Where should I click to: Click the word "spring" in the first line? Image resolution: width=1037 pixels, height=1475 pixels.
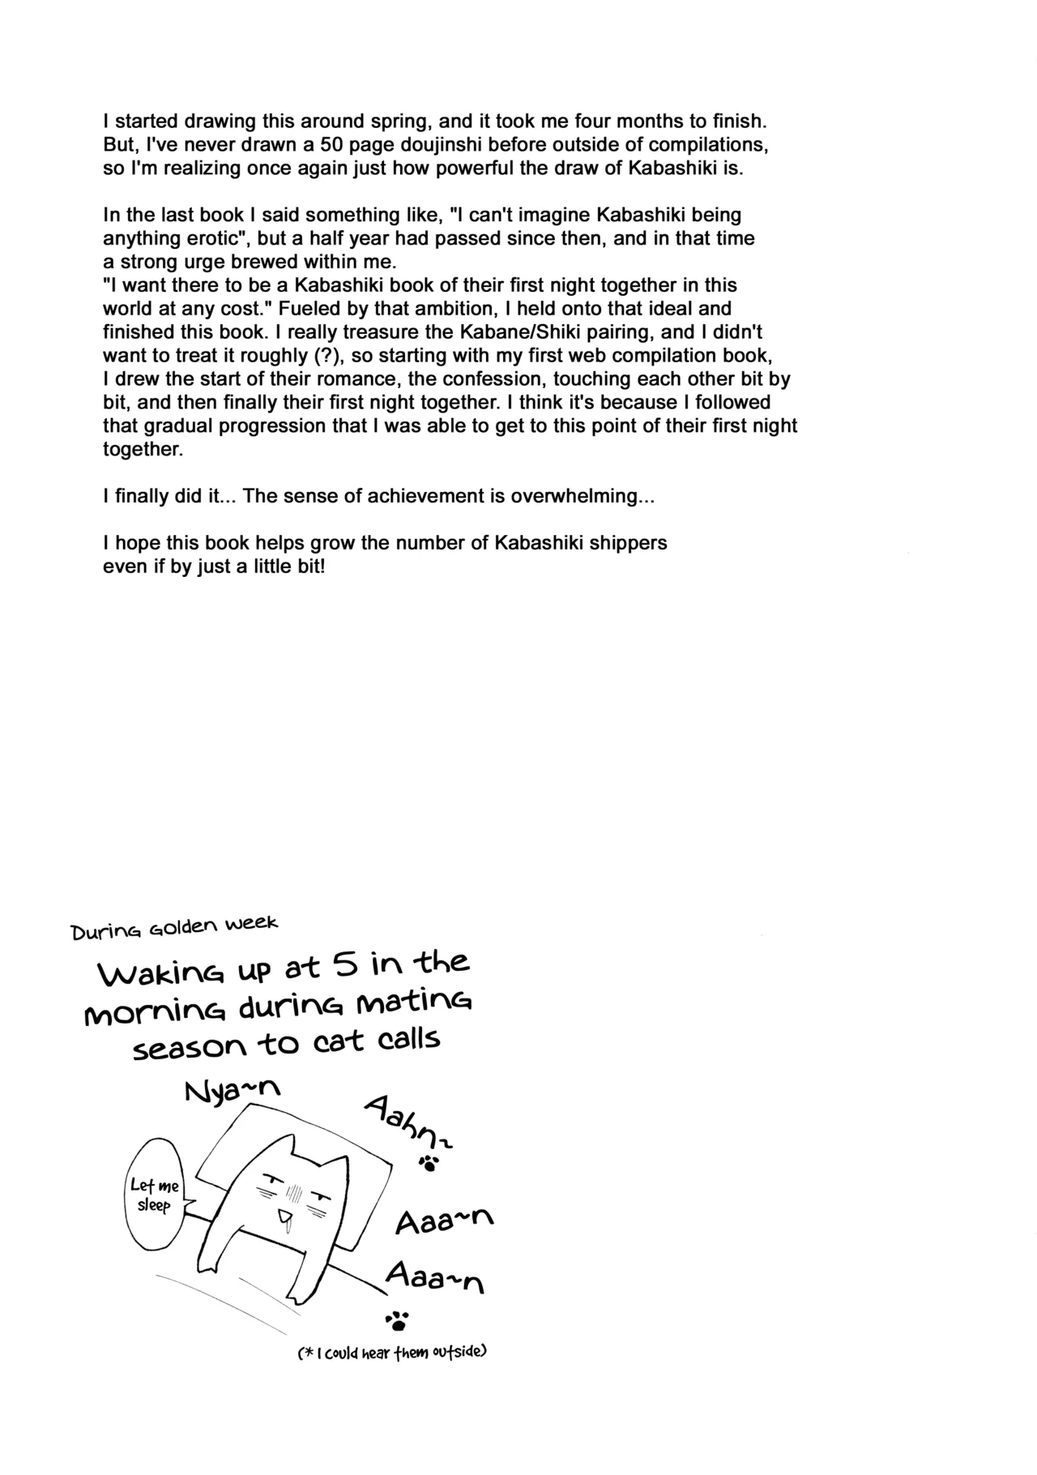pos(390,122)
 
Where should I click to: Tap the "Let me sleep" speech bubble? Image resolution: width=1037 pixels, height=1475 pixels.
pos(154,1196)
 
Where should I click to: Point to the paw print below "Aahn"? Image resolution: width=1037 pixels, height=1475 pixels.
pos(429,1164)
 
